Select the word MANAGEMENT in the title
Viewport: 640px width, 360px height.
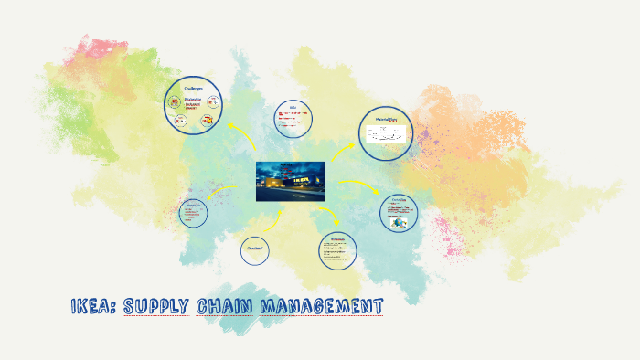click(x=321, y=305)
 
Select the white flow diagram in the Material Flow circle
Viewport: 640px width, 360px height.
click(x=387, y=135)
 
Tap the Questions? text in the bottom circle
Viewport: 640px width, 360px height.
click(x=255, y=249)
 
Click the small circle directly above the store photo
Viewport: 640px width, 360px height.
click(x=293, y=119)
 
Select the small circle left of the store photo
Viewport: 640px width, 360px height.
click(x=193, y=212)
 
